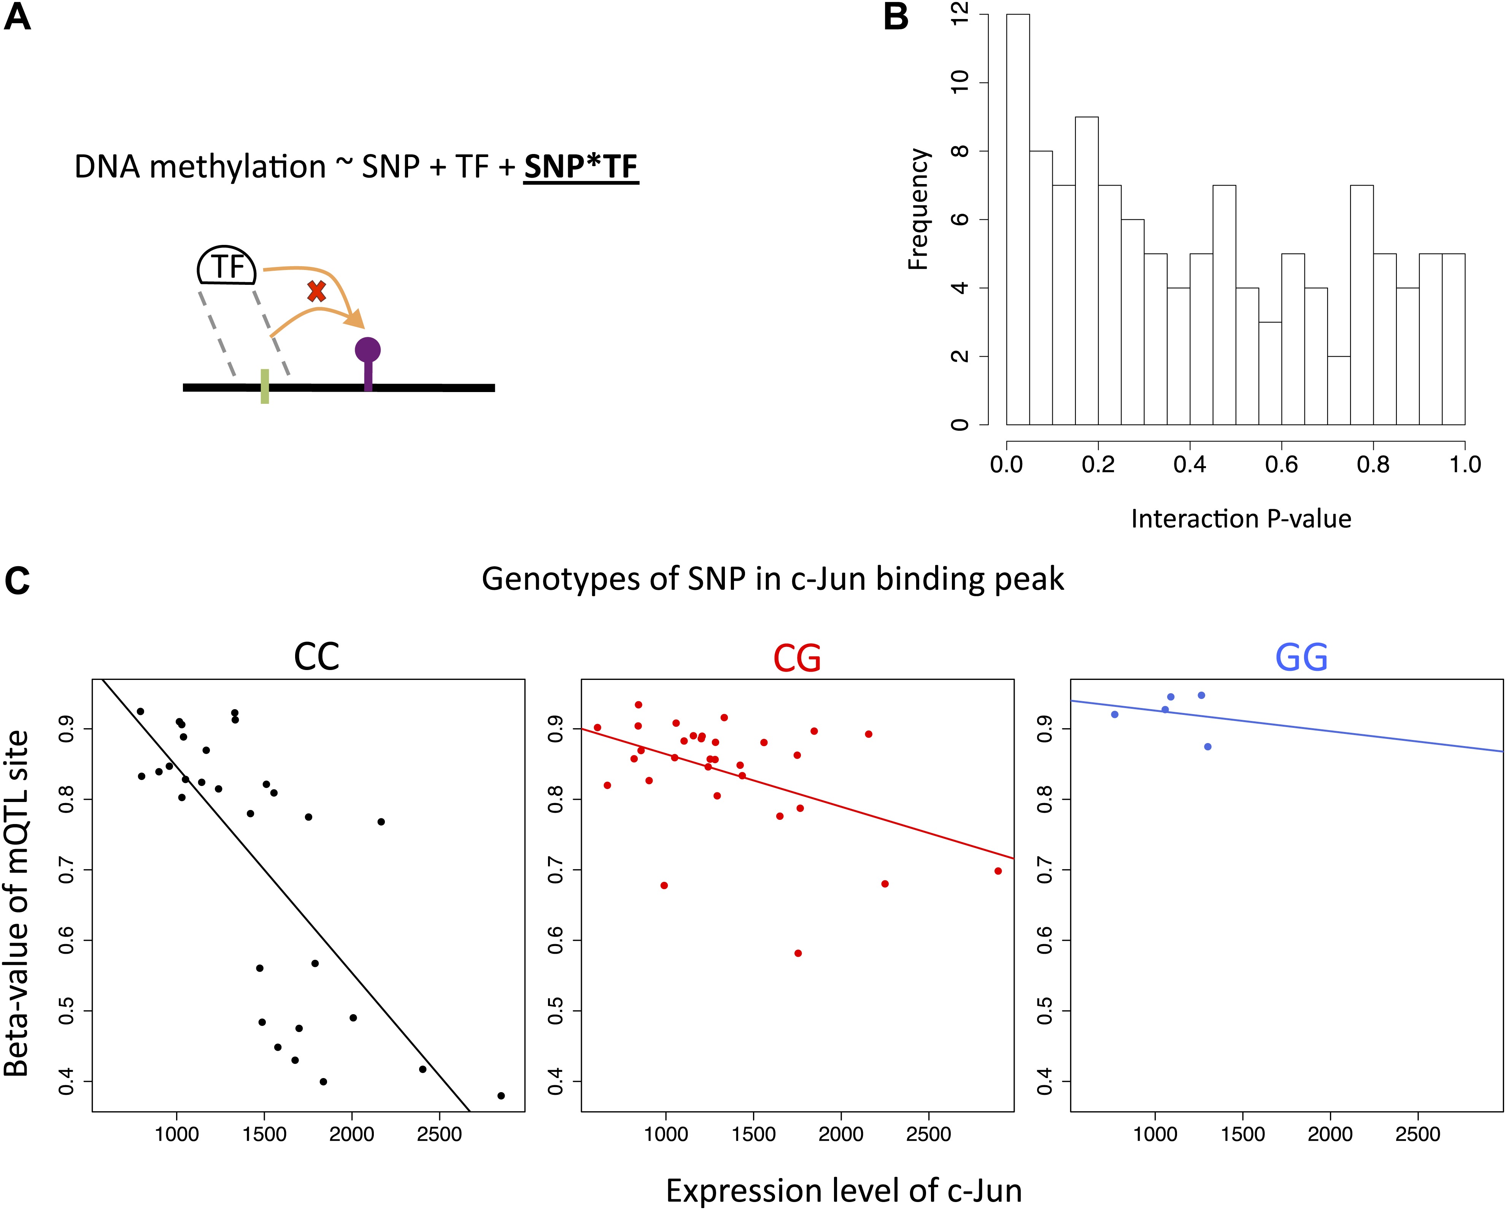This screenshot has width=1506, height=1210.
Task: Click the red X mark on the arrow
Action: [x=316, y=291]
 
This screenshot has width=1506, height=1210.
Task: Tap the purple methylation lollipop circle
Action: [x=367, y=349]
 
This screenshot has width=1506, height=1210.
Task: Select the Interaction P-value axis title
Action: [x=1241, y=519]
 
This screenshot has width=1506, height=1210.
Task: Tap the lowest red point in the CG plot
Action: [x=798, y=953]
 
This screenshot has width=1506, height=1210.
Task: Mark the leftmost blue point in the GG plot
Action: [x=1115, y=714]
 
